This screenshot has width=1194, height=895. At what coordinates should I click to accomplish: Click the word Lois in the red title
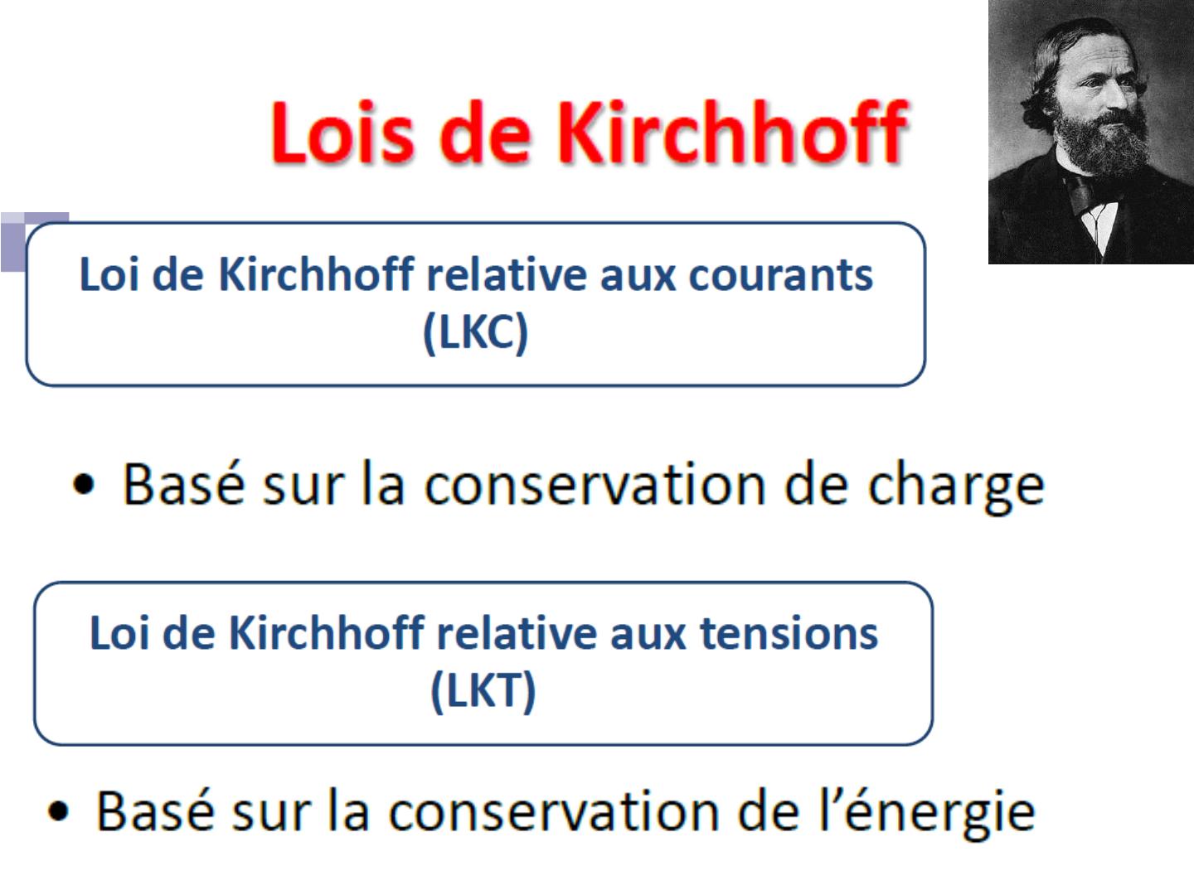(x=343, y=132)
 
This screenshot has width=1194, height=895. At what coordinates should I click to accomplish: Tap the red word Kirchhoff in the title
(x=733, y=131)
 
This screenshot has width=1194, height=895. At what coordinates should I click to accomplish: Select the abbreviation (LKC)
(x=475, y=332)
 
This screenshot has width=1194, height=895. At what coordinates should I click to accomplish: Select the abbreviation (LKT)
(x=483, y=690)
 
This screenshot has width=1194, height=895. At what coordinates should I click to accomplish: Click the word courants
(x=780, y=275)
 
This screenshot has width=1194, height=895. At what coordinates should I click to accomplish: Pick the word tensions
(x=789, y=634)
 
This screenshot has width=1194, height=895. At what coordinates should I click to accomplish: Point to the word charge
(x=956, y=486)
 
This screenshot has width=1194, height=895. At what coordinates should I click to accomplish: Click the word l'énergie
(x=928, y=812)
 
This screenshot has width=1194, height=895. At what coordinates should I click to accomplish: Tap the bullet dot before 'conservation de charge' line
(x=84, y=484)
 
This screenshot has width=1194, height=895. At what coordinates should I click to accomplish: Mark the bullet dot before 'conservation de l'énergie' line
(x=58, y=810)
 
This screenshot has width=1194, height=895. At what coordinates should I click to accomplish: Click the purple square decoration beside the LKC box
(x=13, y=242)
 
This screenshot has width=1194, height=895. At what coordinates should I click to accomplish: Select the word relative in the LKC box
(x=507, y=274)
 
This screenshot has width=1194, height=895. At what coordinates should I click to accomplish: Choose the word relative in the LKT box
(x=517, y=633)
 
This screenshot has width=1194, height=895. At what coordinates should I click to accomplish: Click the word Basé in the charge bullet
(x=183, y=484)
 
